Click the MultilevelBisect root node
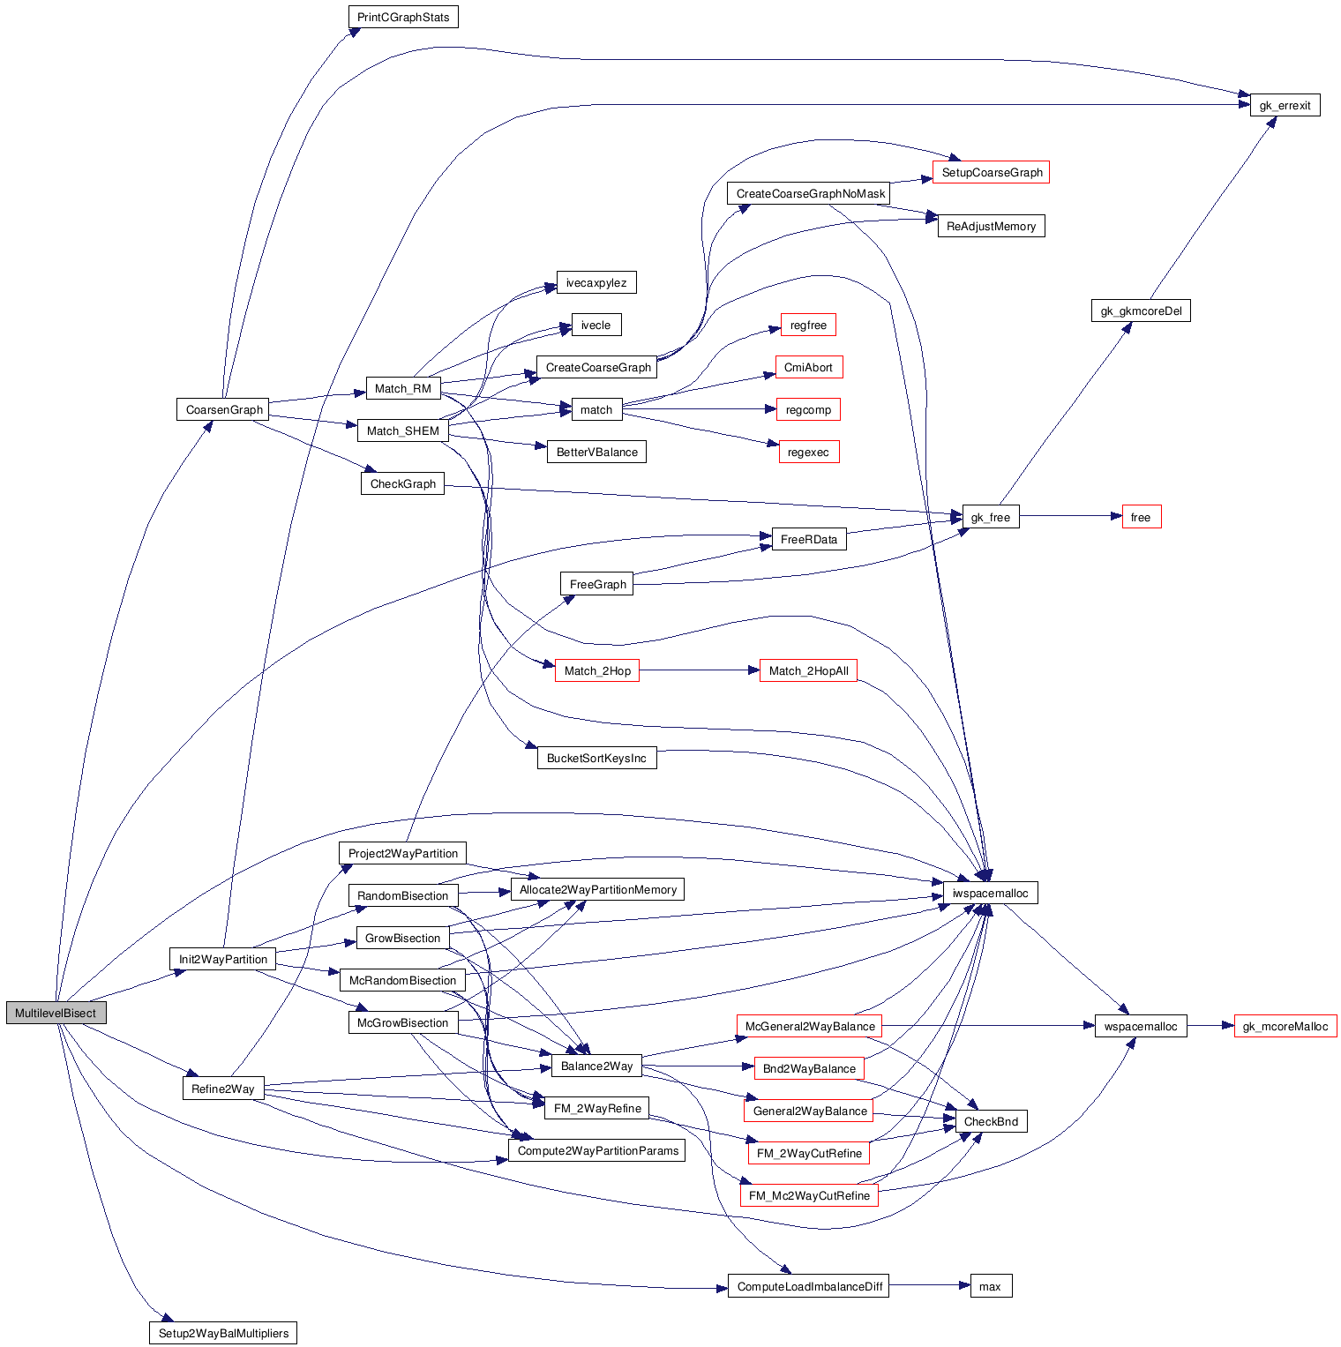pyautogui.click(x=56, y=1013)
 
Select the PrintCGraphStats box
pyautogui.click(x=403, y=18)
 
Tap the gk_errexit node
pyautogui.click(x=1285, y=106)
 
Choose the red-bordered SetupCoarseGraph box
pyautogui.click(x=992, y=173)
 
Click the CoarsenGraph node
pyautogui.click(x=224, y=410)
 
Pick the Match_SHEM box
pyautogui.click(x=403, y=431)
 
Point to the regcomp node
pyautogui.click(x=808, y=410)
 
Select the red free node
pyautogui.click(x=1141, y=518)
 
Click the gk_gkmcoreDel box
pyautogui.click(x=1141, y=311)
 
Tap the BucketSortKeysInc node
pyautogui.click(x=596, y=759)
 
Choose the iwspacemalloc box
pyautogui.click(x=990, y=894)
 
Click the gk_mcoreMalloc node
pyautogui.click(x=1285, y=1027)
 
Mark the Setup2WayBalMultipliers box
pyautogui.click(x=223, y=1334)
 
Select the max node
pyautogui.click(x=990, y=1287)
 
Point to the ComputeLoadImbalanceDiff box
pyautogui.click(x=809, y=1287)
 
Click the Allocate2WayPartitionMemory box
pyautogui.click(x=597, y=890)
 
